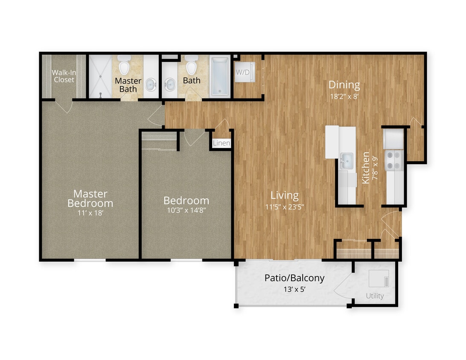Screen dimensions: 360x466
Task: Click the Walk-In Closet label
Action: click(x=63, y=76)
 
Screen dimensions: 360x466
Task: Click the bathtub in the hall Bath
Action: click(x=220, y=76)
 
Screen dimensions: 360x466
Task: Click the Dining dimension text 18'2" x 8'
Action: click(x=344, y=96)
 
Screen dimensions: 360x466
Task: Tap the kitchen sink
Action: click(x=346, y=161)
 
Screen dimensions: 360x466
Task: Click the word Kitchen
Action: click(x=366, y=168)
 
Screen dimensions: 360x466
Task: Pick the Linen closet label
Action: click(x=221, y=143)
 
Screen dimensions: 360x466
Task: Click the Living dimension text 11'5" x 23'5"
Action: click(x=285, y=207)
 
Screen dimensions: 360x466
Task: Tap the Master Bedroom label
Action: click(x=90, y=198)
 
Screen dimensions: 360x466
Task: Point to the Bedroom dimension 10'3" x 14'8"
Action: click(x=186, y=210)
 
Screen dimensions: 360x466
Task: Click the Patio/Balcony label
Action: click(x=294, y=278)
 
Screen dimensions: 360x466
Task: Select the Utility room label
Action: click(x=375, y=296)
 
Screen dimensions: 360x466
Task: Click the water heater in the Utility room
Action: click(x=379, y=279)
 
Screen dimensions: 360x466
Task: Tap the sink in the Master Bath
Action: click(x=151, y=85)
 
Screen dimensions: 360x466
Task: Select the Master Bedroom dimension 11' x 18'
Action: click(x=90, y=212)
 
